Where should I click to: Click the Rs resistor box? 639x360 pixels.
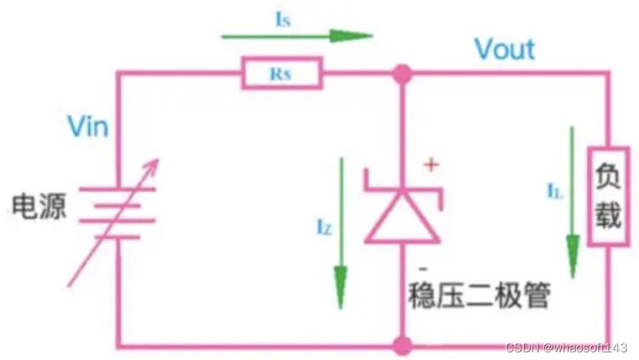pos(281,74)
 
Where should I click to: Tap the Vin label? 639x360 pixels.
pos(87,126)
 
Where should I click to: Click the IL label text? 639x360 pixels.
pos(555,192)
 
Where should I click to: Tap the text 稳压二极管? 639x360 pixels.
pos(479,295)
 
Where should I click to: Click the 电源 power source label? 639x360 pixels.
pos(38,207)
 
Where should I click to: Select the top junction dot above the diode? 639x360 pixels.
pos(401,74)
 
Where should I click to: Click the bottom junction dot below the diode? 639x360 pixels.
pos(401,347)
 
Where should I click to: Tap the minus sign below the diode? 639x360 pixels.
pos(422,270)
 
